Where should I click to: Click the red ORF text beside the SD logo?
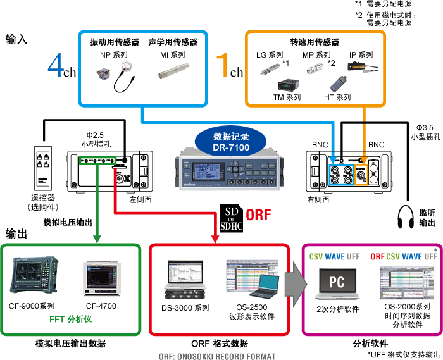pos(258,214)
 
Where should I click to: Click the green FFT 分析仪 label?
pos(71,320)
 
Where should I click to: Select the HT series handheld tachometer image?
pos(336,82)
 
